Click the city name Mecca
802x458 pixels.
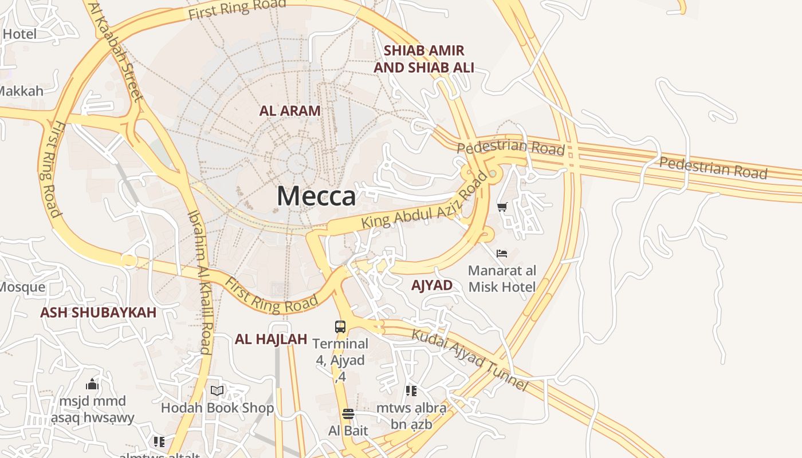coord(316,196)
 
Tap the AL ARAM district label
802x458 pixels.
coord(290,110)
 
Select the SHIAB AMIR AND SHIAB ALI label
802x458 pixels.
coord(424,59)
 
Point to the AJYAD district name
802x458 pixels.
coord(432,285)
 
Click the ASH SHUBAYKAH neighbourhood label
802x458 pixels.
coord(98,313)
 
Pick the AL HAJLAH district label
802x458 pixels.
coord(271,339)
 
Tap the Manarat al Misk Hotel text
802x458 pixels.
coord(502,278)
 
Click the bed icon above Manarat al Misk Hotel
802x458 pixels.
coord(502,253)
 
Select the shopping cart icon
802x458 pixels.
coord(502,207)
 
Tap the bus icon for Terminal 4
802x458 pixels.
coord(340,327)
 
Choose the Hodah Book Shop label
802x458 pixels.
coord(217,408)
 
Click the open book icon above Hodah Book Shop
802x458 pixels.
coord(217,391)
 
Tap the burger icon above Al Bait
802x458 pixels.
coord(348,414)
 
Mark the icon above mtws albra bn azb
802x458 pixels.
coord(411,391)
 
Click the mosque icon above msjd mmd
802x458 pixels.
coord(92,384)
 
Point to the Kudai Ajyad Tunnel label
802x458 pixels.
coord(470,358)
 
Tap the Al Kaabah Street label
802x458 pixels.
coord(116,52)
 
